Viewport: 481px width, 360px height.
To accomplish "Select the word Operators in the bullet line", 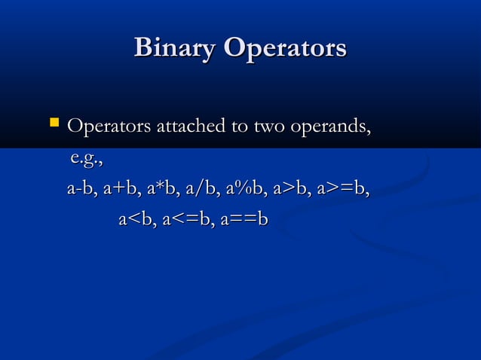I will point(108,125).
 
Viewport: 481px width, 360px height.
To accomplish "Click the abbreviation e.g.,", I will point(85,159).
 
